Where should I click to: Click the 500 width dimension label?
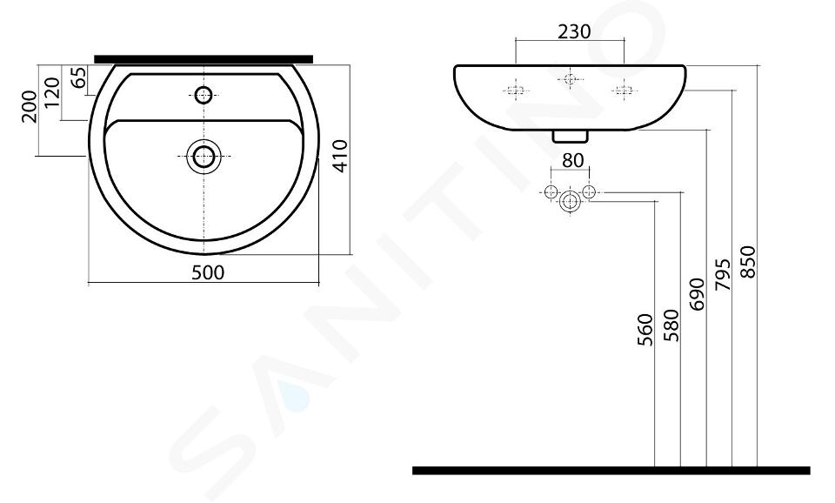[x=208, y=272]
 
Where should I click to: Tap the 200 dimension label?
[x=30, y=106]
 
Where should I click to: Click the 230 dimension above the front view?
[x=574, y=32]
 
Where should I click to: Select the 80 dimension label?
[x=572, y=160]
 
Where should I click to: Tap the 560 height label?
[x=645, y=330]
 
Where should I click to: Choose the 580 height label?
[x=671, y=325]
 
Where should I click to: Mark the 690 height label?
[x=697, y=293]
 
